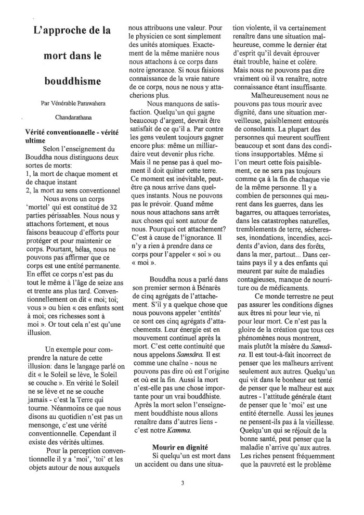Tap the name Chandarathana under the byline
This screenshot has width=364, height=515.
73,117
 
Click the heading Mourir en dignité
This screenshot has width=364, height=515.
179,447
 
